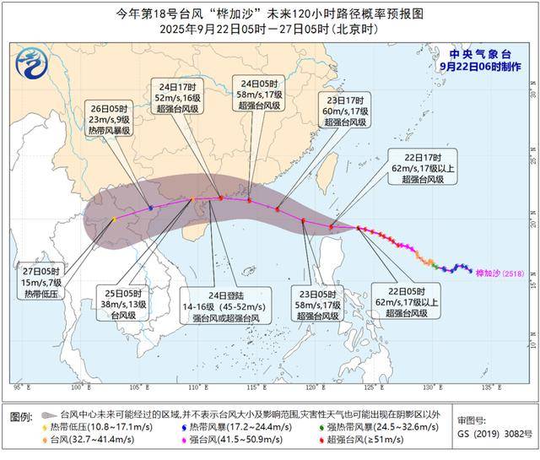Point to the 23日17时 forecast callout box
coord(345,110)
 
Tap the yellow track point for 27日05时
coord(115,219)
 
